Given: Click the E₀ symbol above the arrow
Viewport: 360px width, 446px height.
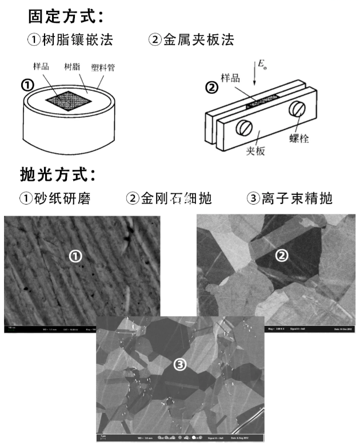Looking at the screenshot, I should pos(262,65).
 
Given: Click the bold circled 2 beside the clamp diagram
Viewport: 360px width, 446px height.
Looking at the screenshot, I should pos(211,89).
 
